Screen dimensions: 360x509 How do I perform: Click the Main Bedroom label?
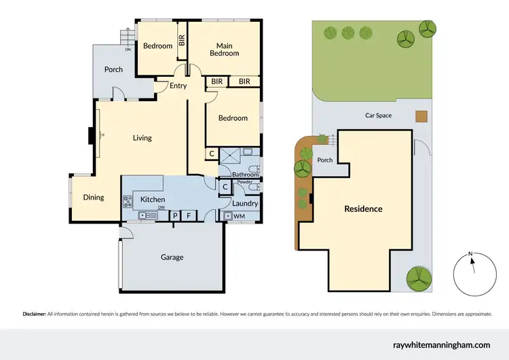click(224, 50)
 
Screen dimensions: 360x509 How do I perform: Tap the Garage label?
click(172, 257)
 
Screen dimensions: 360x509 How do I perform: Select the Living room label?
click(142, 138)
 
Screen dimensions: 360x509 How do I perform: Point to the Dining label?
click(94, 198)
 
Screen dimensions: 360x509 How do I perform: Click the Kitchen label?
click(153, 199)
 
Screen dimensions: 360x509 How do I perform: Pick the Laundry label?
click(242, 203)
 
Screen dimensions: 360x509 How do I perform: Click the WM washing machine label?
click(239, 216)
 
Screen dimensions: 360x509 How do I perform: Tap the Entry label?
click(178, 86)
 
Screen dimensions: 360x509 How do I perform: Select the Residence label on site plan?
click(363, 209)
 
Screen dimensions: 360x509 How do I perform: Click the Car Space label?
click(378, 115)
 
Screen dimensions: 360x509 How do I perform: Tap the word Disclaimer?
click(33, 314)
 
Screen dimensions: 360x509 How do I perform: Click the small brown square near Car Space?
click(421, 116)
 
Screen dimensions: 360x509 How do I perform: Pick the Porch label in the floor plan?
click(113, 69)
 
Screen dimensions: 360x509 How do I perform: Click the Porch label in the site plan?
click(325, 160)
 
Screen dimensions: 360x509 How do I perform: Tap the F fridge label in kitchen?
click(189, 216)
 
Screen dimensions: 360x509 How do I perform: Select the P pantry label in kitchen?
click(174, 216)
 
